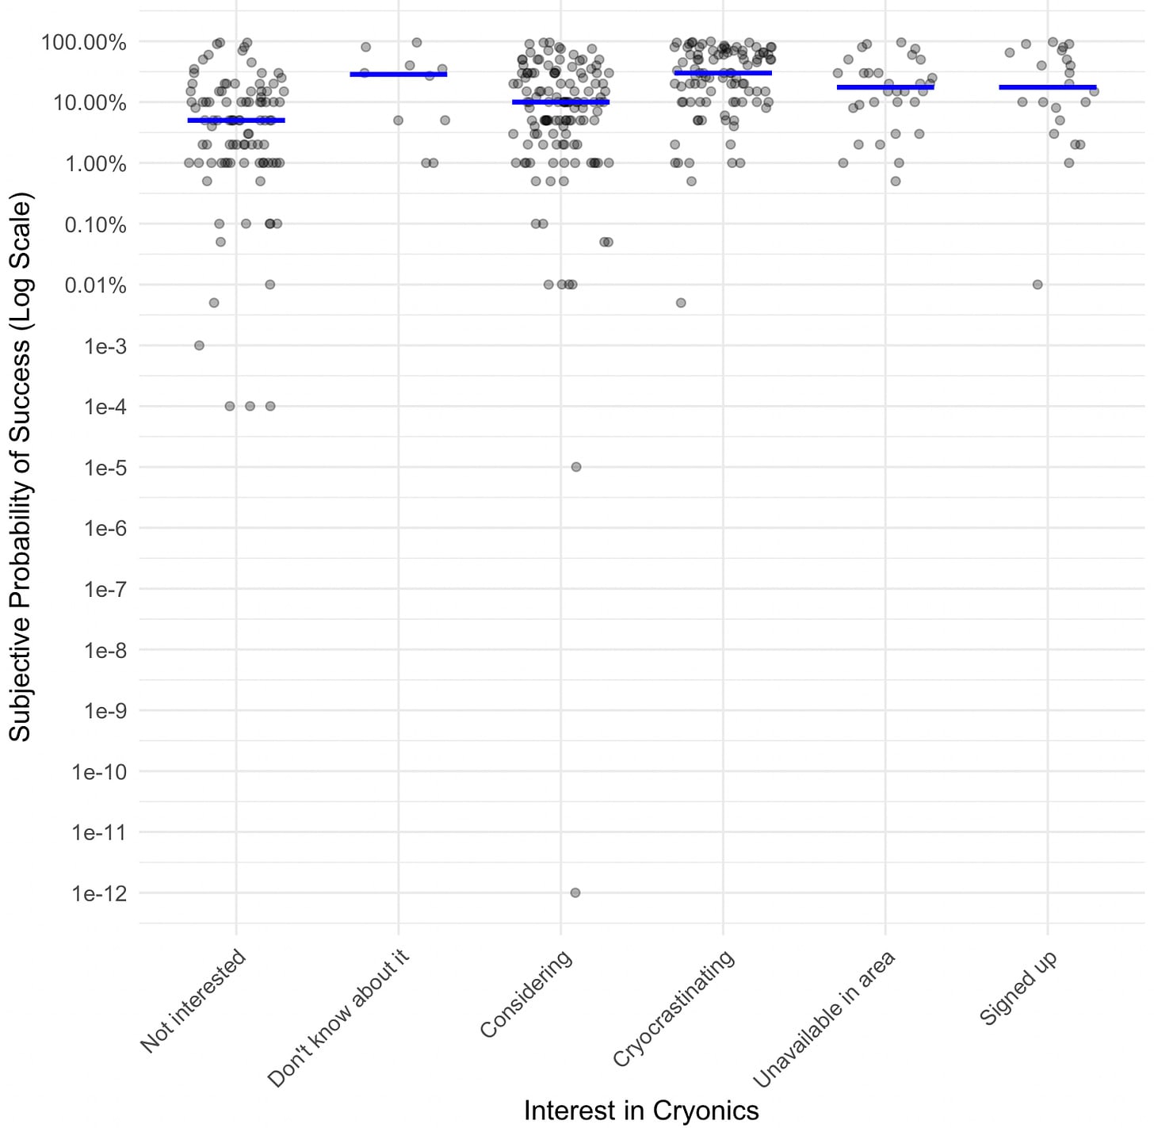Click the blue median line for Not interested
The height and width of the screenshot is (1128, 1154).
tap(236, 120)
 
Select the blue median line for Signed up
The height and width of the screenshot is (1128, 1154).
tap(1047, 87)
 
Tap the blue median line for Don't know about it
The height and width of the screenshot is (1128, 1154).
tap(398, 75)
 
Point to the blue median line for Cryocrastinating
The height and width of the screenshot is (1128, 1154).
tap(723, 73)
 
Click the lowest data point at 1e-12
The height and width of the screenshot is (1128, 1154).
tap(575, 893)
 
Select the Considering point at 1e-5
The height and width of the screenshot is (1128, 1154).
tap(576, 467)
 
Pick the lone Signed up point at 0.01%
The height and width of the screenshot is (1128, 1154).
tap(1037, 285)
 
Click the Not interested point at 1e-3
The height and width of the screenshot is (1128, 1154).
tap(200, 346)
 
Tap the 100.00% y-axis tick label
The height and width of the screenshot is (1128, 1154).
tap(84, 42)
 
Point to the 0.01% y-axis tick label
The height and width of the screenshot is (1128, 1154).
tap(95, 285)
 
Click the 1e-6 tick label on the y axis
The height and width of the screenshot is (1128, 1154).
tap(105, 529)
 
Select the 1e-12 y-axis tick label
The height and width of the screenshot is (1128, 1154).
tap(99, 894)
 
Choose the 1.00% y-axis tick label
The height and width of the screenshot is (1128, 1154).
tap(95, 164)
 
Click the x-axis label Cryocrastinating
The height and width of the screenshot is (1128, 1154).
tap(674, 1008)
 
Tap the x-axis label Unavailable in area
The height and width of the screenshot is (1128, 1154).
tap(824, 1019)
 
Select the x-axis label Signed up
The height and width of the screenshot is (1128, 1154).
tap(1018, 988)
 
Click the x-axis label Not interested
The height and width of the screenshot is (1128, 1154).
tap(193, 1001)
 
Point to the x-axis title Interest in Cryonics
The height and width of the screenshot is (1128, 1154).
tap(641, 1111)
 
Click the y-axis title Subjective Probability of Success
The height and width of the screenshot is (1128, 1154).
tap(20, 467)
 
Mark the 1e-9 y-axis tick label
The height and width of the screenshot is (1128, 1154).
tap(105, 711)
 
